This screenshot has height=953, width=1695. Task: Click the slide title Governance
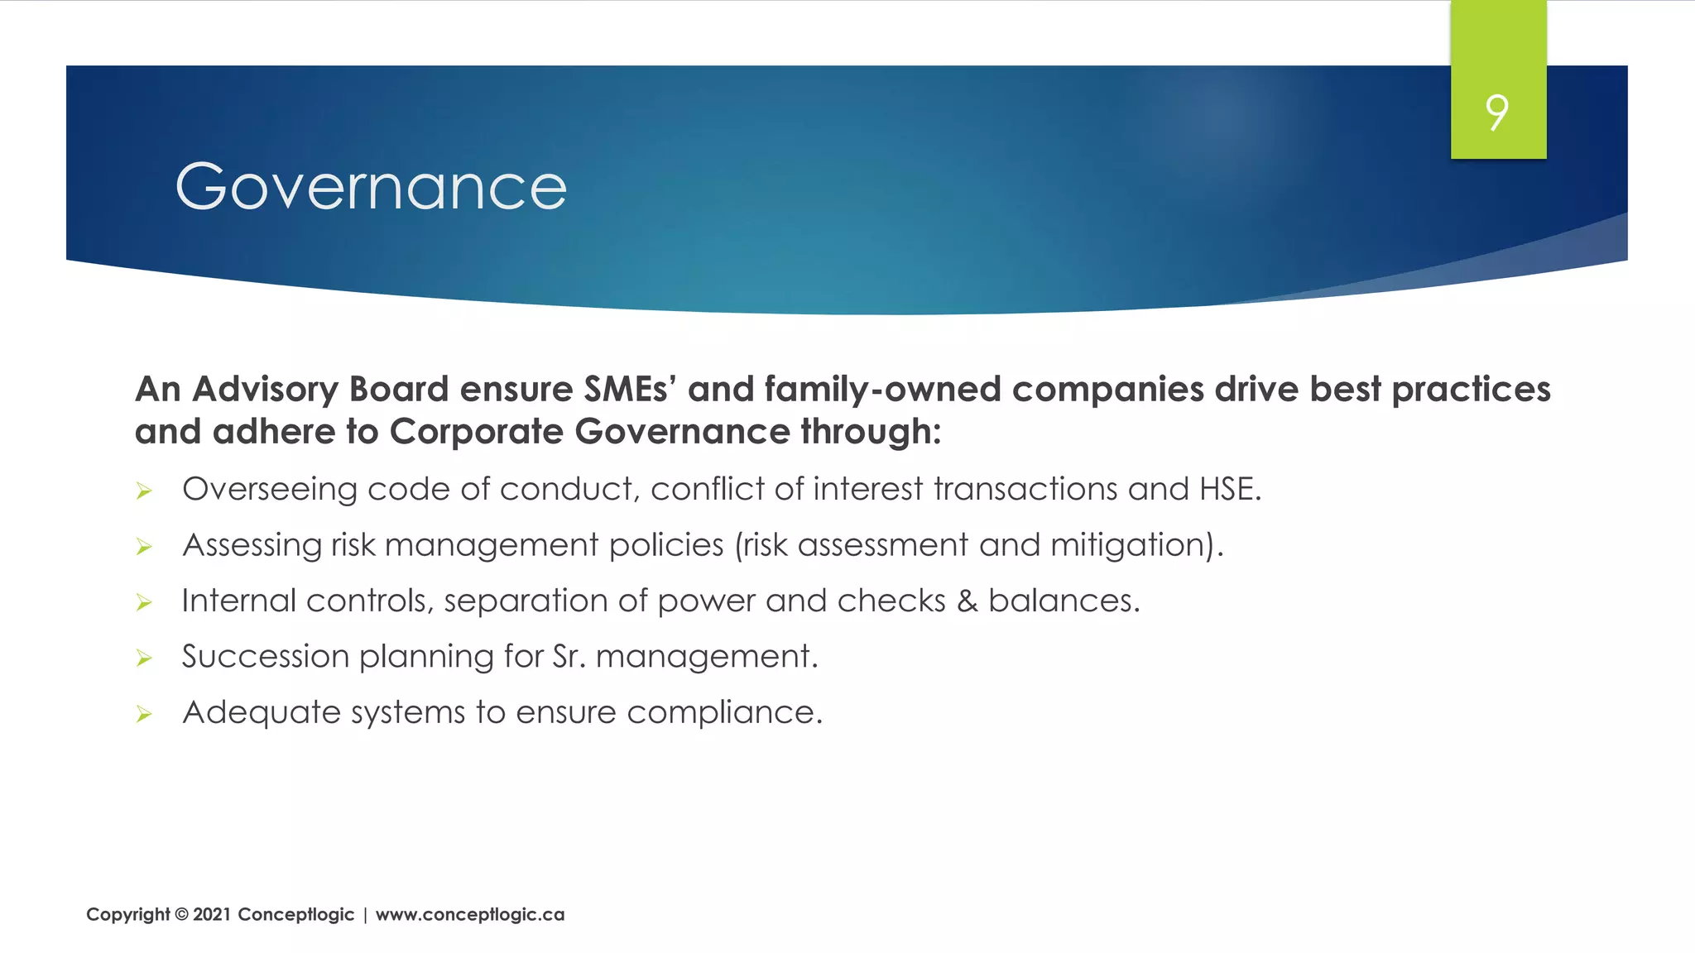tap(371, 186)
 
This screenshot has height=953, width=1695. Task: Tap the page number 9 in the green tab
tap(1497, 113)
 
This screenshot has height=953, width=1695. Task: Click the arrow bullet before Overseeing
tap(144, 492)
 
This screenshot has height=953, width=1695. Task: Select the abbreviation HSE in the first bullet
tap(1230, 489)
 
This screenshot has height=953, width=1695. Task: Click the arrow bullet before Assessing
tap(144, 548)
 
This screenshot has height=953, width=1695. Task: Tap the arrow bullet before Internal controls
tap(144, 603)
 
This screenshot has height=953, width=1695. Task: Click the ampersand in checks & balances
tap(967, 601)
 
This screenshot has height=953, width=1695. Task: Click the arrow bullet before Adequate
tap(144, 715)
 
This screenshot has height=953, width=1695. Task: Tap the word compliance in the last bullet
tap(724, 712)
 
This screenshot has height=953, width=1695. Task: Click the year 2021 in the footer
tap(212, 915)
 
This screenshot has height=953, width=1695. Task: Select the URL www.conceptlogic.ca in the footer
tap(470, 915)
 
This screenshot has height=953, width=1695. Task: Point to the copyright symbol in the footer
tap(181, 915)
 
